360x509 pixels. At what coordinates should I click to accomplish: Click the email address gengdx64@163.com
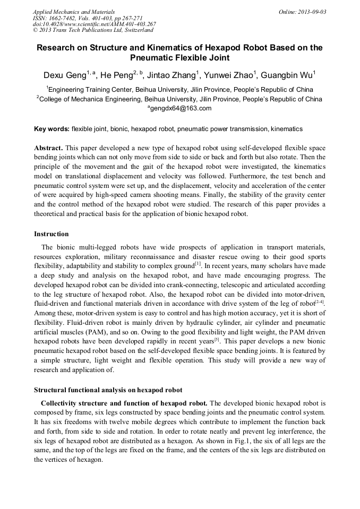pyautogui.click(x=181, y=108)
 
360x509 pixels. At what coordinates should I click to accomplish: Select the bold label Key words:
pyautogui.click(x=52, y=129)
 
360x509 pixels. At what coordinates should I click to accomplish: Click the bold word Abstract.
pyautogui.click(x=48, y=148)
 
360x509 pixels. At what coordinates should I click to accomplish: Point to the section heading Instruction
pyautogui.click(x=52, y=234)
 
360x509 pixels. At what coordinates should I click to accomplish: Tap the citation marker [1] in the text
pyautogui.click(x=198, y=263)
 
